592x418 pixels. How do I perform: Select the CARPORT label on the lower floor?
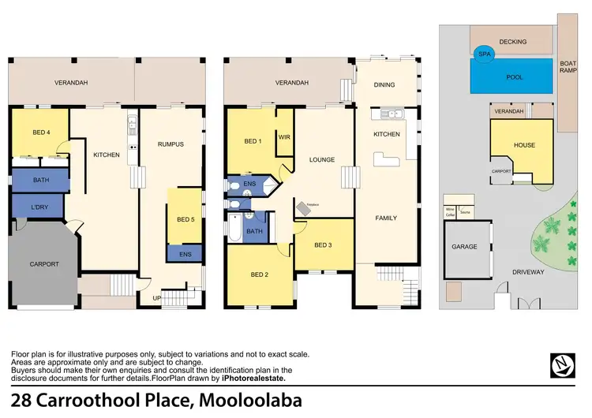pyautogui.click(x=43, y=264)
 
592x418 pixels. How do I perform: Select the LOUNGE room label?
pyautogui.click(x=322, y=159)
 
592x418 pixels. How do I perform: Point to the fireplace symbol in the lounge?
pyautogui.click(x=305, y=207)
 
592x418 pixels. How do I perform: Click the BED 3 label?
pyautogui.click(x=322, y=245)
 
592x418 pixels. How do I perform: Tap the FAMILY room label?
pyautogui.click(x=386, y=218)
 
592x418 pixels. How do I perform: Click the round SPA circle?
pyautogui.click(x=484, y=54)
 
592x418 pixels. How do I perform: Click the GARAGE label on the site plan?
pyautogui.click(x=464, y=247)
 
